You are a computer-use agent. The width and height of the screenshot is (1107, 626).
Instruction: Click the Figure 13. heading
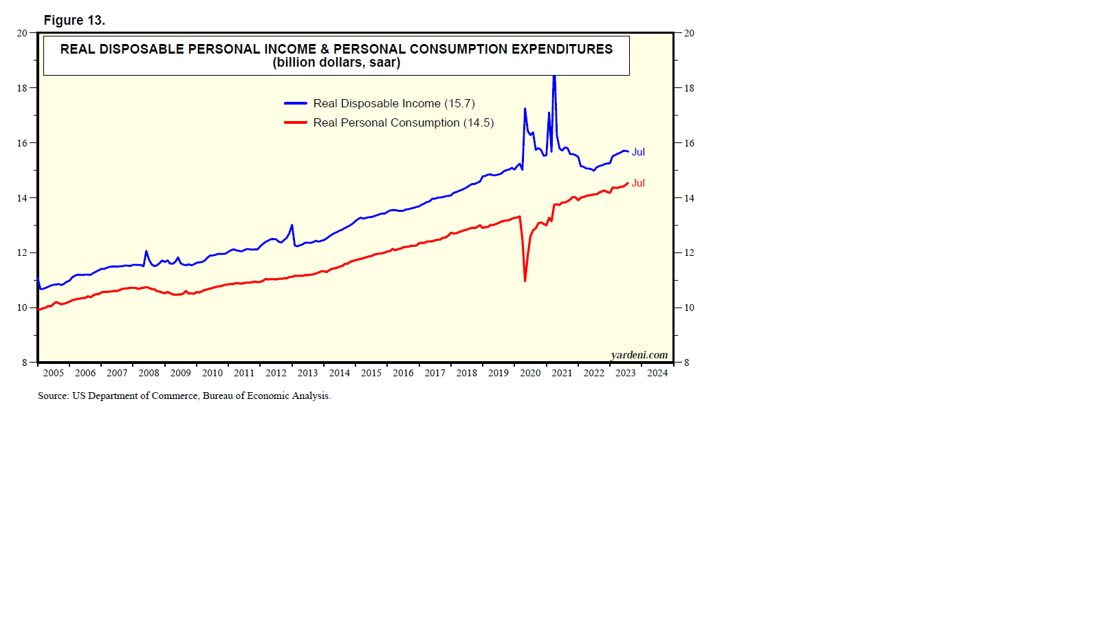74,21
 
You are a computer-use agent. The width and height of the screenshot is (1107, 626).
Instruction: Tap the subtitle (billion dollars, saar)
336,63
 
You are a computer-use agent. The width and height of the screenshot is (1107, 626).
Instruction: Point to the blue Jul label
638,152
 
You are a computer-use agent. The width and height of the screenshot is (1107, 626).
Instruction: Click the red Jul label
638,183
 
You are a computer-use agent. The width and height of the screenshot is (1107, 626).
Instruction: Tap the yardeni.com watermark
639,355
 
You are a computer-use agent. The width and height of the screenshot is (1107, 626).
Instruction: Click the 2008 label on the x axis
149,373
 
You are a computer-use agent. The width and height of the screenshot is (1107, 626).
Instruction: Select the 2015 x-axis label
371,373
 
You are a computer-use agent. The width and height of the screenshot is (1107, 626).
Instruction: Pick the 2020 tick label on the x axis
530,373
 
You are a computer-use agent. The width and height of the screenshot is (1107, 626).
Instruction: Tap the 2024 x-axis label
657,373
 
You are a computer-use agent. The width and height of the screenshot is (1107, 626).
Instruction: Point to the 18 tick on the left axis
23,88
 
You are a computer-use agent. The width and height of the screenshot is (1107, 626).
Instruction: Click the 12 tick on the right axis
689,253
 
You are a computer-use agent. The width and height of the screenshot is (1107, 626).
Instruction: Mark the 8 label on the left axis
25,363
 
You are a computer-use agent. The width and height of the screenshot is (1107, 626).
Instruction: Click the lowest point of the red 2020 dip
525,281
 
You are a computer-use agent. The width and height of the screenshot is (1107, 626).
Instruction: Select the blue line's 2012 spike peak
292,225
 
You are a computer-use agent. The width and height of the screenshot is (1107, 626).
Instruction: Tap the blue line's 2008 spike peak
146,251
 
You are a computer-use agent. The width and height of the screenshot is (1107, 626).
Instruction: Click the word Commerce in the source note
176,396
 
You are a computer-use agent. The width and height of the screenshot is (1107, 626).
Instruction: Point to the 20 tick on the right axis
689,33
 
